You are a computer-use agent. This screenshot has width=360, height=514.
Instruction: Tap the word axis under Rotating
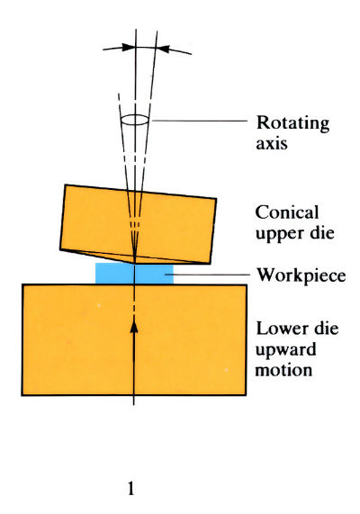click(x=270, y=142)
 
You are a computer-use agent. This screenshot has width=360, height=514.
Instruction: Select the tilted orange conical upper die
click(x=99, y=221)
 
